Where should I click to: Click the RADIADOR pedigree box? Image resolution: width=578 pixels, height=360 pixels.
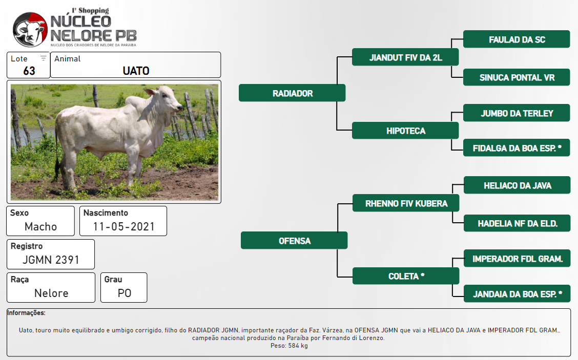[x=292, y=93]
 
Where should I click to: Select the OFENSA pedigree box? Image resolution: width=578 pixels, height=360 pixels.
[x=294, y=240]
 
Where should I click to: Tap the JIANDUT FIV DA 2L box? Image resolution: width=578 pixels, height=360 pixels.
[x=405, y=57]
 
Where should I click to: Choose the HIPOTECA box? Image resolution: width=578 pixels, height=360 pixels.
[x=405, y=131]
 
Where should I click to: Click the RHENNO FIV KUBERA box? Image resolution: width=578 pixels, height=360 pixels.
[x=406, y=203]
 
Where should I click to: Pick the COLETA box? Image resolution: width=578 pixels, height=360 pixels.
[x=406, y=276]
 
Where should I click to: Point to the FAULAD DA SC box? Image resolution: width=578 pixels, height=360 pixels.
[x=517, y=39]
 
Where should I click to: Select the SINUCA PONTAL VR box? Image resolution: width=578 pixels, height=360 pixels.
[x=517, y=77]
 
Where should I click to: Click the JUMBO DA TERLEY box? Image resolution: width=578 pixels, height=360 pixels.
[x=517, y=113]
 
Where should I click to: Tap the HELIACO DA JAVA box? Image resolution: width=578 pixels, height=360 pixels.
[x=517, y=185]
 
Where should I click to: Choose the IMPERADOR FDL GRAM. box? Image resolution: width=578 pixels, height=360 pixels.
[x=517, y=258]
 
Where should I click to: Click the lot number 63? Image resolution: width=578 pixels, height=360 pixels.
[x=29, y=71]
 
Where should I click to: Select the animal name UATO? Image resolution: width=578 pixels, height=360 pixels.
[x=136, y=71]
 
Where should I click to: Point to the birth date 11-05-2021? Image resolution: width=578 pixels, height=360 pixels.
[x=123, y=227]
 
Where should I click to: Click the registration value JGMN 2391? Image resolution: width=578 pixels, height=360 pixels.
[x=51, y=260]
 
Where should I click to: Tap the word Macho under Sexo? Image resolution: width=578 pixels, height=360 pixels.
[x=40, y=227]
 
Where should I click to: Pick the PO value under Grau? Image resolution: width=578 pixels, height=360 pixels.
[x=124, y=293]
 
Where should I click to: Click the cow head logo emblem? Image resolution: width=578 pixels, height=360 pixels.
[x=30, y=30]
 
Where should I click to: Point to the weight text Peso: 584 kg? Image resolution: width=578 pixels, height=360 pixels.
[x=289, y=346]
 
